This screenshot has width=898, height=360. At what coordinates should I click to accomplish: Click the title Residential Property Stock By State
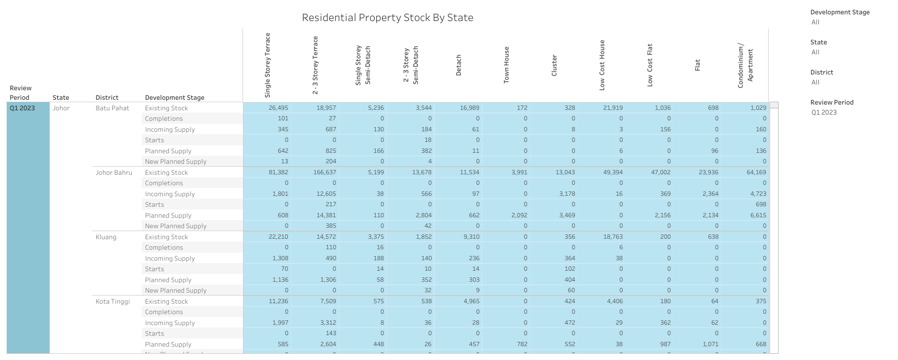(x=387, y=18)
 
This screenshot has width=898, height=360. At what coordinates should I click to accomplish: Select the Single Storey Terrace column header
(x=267, y=65)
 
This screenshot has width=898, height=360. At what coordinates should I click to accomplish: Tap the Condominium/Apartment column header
(x=745, y=65)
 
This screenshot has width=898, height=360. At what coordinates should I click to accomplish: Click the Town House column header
(x=507, y=65)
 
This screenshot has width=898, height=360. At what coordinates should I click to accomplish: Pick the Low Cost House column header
(x=602, y=65)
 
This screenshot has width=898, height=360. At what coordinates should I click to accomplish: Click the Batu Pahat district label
(x=112, y=108)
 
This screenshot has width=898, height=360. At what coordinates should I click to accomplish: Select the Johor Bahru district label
(x=114, y=172)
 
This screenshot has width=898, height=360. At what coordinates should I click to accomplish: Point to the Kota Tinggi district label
(x=113, y=301)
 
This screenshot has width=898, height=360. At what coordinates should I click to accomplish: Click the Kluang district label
(x=106, y=237)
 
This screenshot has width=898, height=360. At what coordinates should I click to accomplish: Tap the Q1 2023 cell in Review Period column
(x=22, y=108)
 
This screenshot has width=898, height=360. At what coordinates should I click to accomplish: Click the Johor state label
(x=61, y=108)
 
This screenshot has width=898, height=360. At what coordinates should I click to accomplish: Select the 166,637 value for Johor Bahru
(x=325, y=172)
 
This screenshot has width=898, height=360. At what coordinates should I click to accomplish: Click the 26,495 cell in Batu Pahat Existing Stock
(x=278, y=108)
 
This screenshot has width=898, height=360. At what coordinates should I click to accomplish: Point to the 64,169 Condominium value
(x=756, y=172)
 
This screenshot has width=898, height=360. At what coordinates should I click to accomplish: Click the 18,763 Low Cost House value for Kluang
(x=613, y=237)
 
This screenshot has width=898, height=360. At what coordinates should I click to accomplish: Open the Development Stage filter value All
(x=815, y=22)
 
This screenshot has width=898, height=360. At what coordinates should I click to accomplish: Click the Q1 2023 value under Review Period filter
(x=824, y=112)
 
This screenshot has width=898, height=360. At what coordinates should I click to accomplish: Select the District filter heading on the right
(x=822, y=72)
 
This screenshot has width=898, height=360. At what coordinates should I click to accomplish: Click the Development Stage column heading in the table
(x=175, y=97)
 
